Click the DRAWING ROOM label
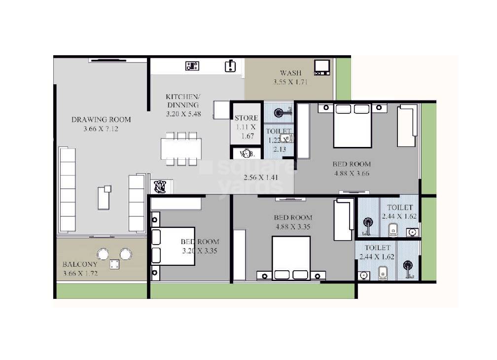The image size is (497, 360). (x=101, y=119)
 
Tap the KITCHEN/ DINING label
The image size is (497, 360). (x=182, y=101)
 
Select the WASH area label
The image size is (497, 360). (x=290, y=73)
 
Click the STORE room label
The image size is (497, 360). (x=246, y=118)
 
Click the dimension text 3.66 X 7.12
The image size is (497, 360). (x=101, y=129)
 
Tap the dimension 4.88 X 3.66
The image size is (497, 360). (x=351, y=173)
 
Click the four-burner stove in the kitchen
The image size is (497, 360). (x=192, y=66)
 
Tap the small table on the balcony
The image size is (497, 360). (x=114, y=264)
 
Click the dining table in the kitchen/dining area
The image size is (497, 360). (x=181, y=148)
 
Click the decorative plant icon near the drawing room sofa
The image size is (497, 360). (x=160, y=186)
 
